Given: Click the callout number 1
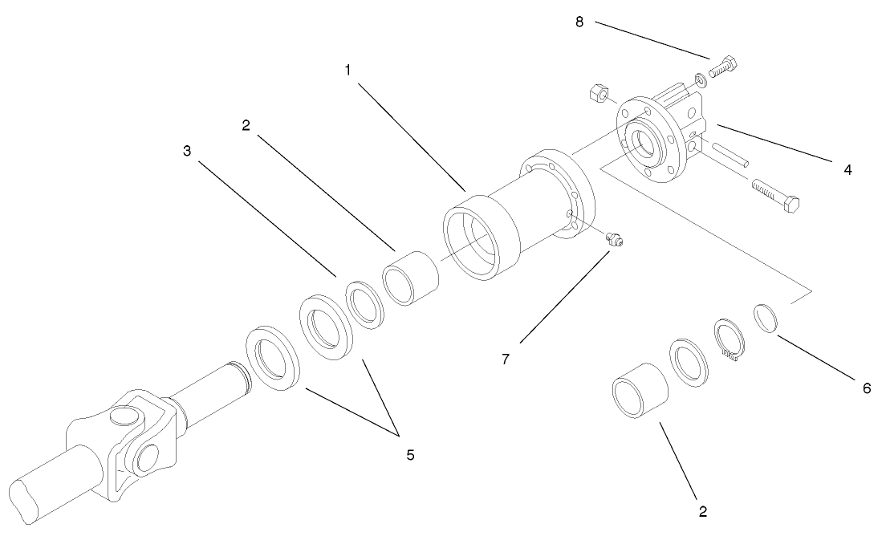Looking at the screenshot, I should pyautogui.click(x=347, y=71).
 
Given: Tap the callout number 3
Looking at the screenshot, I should pyautogui.click(x=187, y=151).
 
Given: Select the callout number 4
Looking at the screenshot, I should pyautogui.click(x=848, y=169).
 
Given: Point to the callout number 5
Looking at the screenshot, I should pyautogui.click(x=410, y=455).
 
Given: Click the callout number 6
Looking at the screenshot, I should pyautogui.click(x=866, y=388).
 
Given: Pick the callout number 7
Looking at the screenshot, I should pyautogui.click(x=506, y=359).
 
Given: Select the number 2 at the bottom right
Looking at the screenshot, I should pyautogui.click(x=703, y=510).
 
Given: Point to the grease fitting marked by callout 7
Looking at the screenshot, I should pyautogui.click(x=616, y=238).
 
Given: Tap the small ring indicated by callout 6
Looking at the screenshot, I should pyautogui.click(x=766, y=317).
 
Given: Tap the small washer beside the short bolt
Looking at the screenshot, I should pyautogui.click(x=700, y=79).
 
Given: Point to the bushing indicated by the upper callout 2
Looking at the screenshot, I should pyautogui.click(x=412, y=277).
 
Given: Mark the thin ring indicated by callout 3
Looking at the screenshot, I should pyautogui.click(x=366, y=306).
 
